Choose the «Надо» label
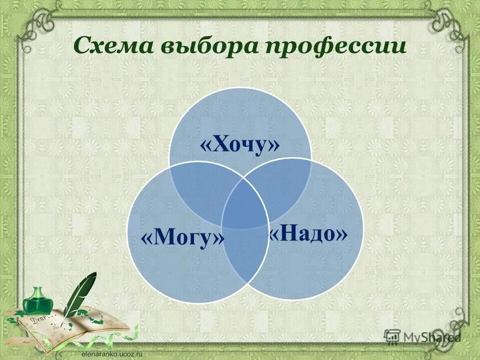coord(308,233)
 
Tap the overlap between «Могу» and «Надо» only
coord(244,260)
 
